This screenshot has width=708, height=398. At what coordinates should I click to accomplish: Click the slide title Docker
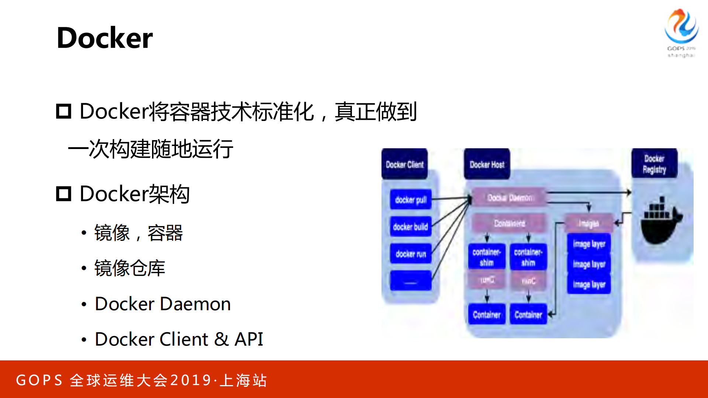point(104,38)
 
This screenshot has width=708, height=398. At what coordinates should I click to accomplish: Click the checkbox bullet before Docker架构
point(63,194)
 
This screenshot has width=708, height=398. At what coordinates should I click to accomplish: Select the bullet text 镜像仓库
point(129,268)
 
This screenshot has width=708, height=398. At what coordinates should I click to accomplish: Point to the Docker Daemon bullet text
point(162,304)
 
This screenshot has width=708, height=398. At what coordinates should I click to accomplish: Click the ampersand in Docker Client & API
point(221,339)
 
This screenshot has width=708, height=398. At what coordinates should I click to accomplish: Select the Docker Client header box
point(404,165)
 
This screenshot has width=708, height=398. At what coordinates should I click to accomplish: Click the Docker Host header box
point(487,165)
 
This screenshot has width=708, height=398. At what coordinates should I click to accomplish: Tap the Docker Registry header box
point(654,164)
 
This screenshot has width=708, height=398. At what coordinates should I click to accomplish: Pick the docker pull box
point(411,200)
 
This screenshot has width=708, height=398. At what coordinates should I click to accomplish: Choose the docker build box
point(410,226)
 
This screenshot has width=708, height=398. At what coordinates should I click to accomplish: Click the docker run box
point(411,254)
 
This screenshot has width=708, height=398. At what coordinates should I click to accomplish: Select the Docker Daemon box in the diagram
point(510,198)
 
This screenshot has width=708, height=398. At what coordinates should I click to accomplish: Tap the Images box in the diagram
point(588,223)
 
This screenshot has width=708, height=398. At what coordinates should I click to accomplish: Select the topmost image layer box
point(589,244)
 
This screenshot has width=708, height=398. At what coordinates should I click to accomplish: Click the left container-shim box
point(487,257)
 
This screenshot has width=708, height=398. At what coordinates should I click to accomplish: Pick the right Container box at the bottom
point(528,315)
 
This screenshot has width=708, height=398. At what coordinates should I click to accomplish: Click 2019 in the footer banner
point(191,380)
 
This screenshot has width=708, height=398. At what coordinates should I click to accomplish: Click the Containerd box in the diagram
point(509,223)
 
